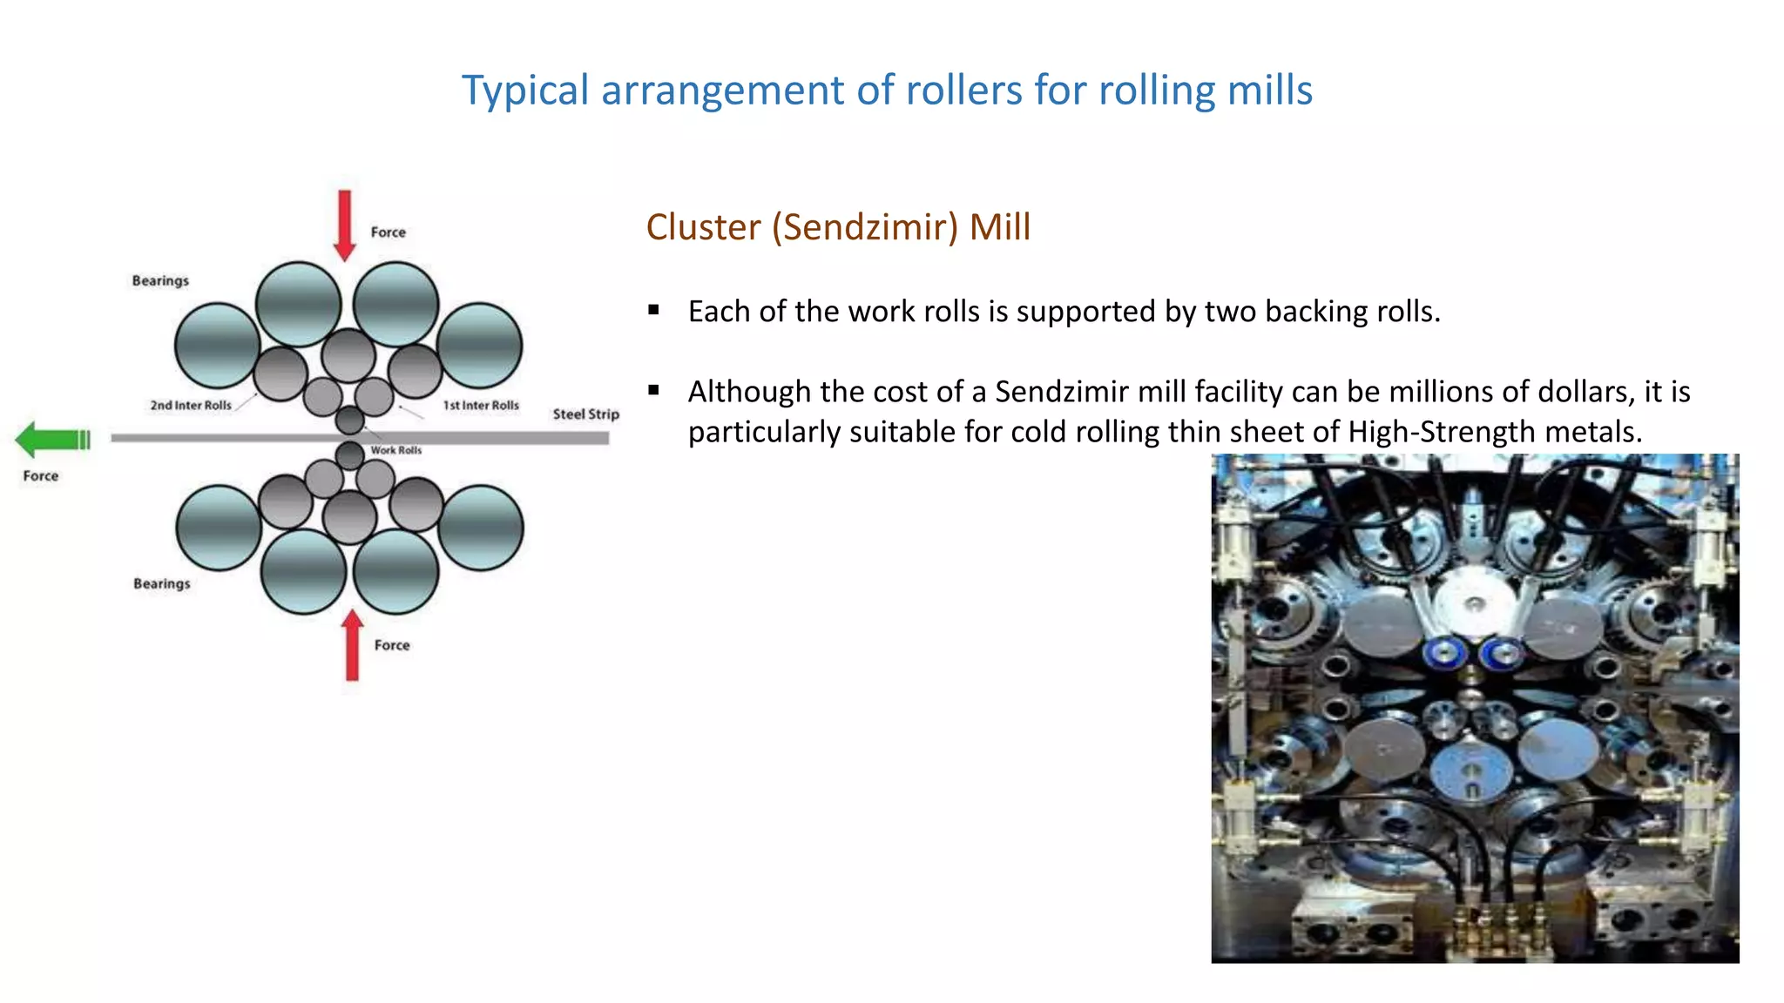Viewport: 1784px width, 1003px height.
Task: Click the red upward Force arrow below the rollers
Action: pos(352,645)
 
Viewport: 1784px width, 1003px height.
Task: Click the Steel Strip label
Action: pos(585,414)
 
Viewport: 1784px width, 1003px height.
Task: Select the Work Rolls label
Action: pos(395,450)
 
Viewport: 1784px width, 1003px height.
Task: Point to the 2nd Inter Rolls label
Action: pos(191,406)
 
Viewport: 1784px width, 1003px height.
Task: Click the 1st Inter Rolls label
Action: pos(481,406)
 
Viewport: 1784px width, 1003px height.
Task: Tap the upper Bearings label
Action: pos(160,281)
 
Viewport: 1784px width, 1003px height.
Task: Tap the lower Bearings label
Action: pos(161,584)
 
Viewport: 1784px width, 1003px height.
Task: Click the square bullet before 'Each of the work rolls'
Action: pos(653,310)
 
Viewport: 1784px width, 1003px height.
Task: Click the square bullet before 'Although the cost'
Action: pos(653,391)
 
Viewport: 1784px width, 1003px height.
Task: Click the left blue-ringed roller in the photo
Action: pos(1445,650)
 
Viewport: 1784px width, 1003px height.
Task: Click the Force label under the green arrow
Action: pos(41,476)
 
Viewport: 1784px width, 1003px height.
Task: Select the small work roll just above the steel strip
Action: pos(349,420)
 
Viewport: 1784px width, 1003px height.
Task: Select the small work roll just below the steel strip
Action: pos(349,454)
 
